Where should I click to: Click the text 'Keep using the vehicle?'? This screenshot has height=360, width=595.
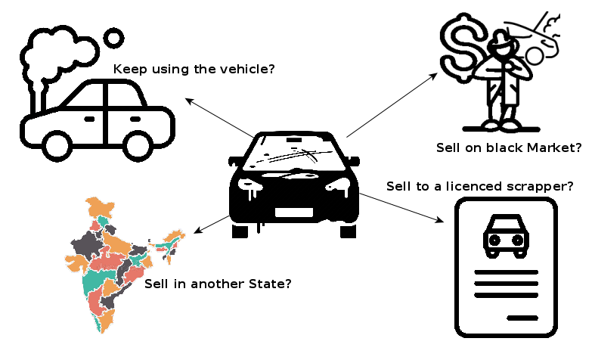coord(194,70)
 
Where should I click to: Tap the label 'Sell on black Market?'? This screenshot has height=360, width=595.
coord(509,147)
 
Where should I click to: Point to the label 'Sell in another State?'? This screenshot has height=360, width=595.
coord(218,284)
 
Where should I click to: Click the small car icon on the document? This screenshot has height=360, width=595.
coord(505,234)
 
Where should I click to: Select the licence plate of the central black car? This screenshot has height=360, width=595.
coord(294,213)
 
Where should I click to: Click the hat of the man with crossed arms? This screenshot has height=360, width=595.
coord(500,34)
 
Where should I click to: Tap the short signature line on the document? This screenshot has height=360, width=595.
coord(522,318)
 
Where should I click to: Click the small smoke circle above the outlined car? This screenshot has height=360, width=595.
coord(113,38)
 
